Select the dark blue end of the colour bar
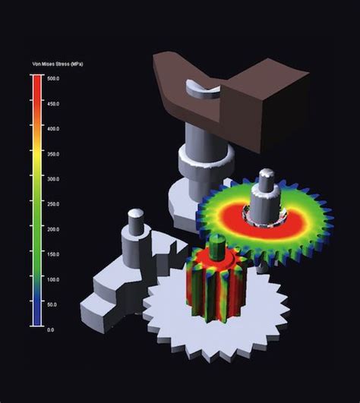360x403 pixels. pos(35,319)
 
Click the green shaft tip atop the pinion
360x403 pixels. pos(217,244)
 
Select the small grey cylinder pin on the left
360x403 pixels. pos(136,222)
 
